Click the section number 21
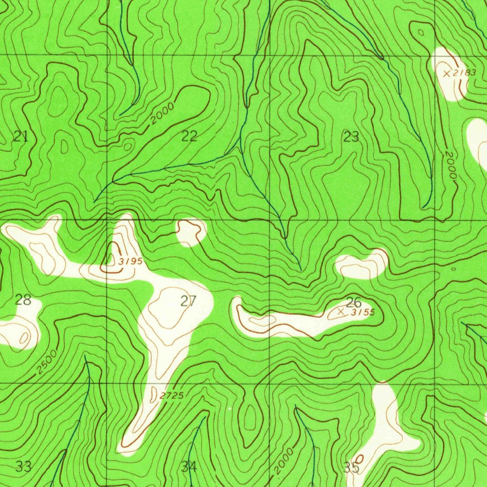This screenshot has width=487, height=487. [x=20, y=137]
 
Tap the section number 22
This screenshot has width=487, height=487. [x=189, y=136]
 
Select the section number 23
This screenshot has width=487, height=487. [x=351, y=137]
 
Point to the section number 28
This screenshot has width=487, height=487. [x=23, y=300]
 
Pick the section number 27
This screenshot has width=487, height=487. [x=188, y=301]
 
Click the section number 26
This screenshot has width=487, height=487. [x=353, y=302]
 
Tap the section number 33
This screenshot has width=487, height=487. [x=23, y=466]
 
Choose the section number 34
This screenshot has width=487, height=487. [x=189, y=467]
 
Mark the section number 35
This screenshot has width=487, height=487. [x=351, y=468]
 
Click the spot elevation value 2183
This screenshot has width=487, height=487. [x=464, y=72]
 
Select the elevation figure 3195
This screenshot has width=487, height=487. [x=130, y=261]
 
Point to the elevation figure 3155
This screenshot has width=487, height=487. [x=363, y=312]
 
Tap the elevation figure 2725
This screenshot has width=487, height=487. [x=172, y=396]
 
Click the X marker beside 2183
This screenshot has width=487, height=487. [x=446, y=73]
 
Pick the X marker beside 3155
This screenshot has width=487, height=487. [x=341, y=312]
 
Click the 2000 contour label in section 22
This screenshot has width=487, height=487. [x=162, y=113]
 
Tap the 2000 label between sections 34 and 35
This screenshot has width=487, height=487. [x=284, y=461]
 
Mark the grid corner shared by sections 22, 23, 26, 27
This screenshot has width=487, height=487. [x=270, y=220]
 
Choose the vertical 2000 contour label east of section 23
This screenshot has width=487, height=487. [x=450, y=165]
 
